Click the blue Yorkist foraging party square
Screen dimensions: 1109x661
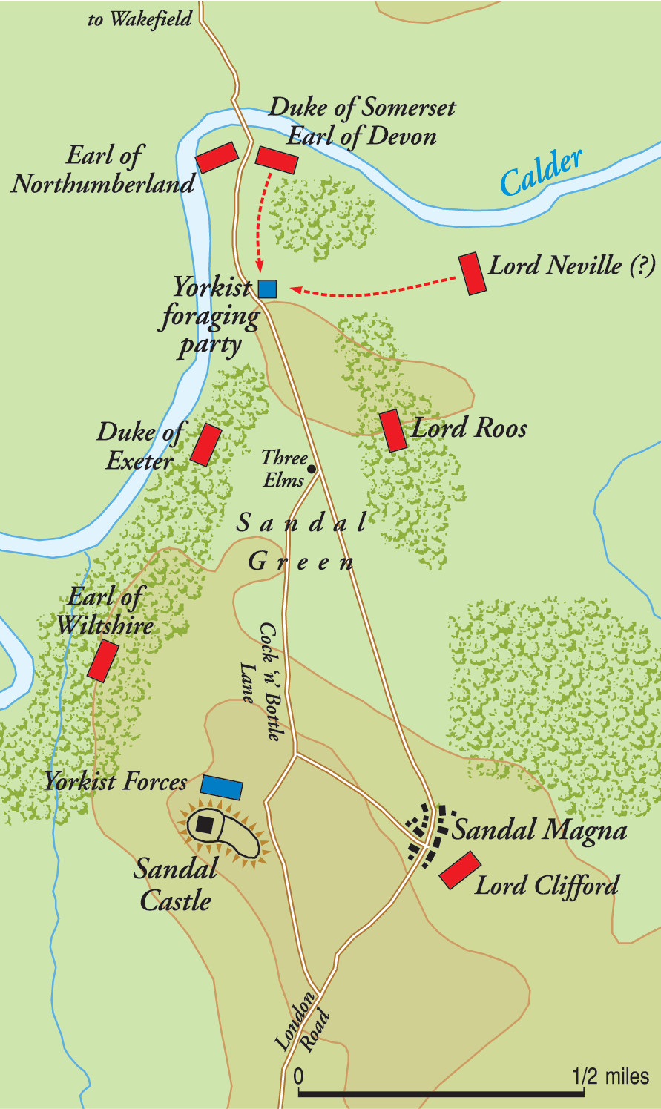click(267, 289)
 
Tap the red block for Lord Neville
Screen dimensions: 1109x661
click(472, 274)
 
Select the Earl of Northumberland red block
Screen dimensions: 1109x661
click(217, 157)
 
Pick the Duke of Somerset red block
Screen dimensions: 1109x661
click(277, 159)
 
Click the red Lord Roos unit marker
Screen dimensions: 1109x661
click(393, 430)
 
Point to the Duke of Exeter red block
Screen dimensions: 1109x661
click(206, 444)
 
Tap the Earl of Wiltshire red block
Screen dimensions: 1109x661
click(103, 661)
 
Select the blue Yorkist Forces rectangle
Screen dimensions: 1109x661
click(222, 788)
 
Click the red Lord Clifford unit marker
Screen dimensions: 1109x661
click(460, 870)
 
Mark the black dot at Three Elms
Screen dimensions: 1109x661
click(312, 469)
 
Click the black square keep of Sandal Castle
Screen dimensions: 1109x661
click(205, 824)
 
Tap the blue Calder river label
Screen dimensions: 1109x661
click(541, 172)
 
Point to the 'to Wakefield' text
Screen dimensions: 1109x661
click(139, 19)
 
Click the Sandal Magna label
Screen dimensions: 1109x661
click(539, 830)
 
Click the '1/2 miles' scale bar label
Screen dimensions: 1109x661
click(611, 1076)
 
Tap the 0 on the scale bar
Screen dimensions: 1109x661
click(298, 1076)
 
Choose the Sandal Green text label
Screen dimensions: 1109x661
click(301, 542)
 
